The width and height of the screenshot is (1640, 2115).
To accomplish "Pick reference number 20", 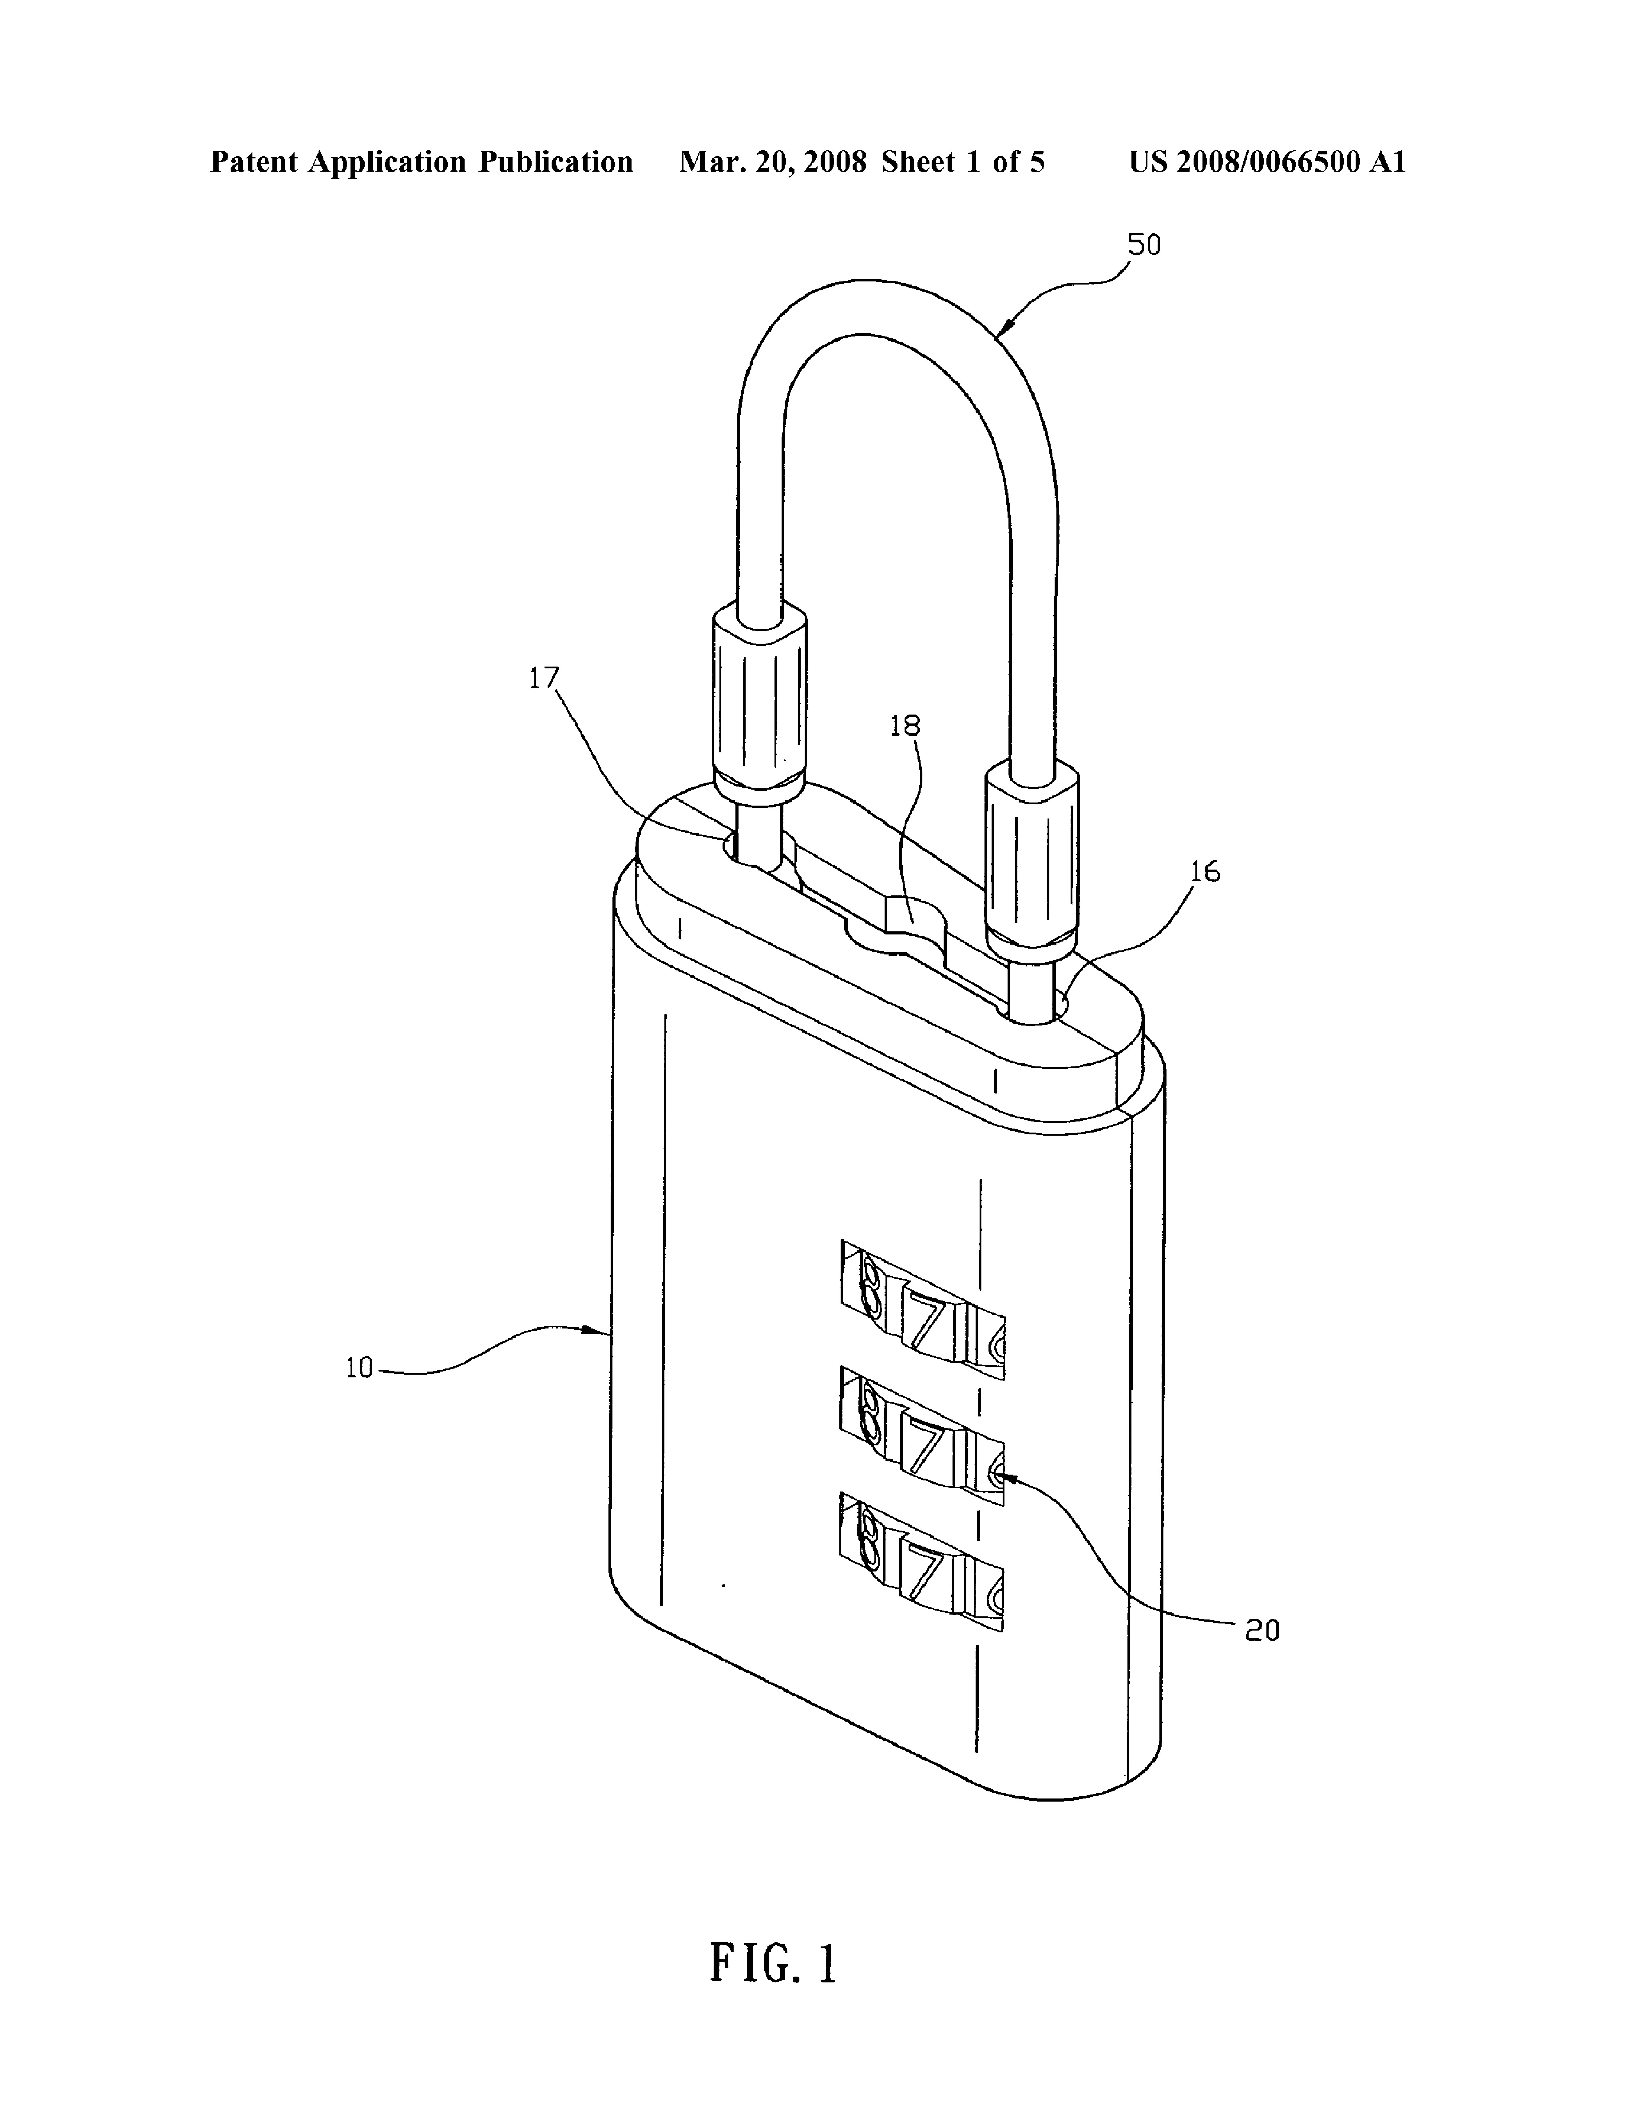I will click(x=1262, y=1631).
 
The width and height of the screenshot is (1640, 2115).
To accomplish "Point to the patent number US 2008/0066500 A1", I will click(x=1266, y=162).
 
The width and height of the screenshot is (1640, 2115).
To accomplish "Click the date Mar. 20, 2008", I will click(x=773, y=162).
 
